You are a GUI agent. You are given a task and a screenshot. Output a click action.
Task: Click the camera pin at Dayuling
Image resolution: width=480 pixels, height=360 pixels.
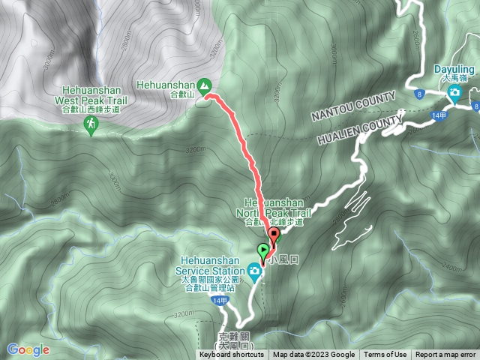click(454, 92)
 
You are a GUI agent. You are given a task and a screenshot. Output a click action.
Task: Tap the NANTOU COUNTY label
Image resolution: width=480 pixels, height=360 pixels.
click(353, 106)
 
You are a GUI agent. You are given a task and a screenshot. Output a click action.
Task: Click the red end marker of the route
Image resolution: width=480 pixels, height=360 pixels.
click(273, 239)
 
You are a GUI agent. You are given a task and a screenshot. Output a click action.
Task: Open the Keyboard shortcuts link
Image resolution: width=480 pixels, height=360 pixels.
click(232, 355)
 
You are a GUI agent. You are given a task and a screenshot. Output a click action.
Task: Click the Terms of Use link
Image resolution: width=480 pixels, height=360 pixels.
click(385, 355)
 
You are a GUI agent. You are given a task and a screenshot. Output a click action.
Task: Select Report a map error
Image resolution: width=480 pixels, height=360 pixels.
click(445, 355)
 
